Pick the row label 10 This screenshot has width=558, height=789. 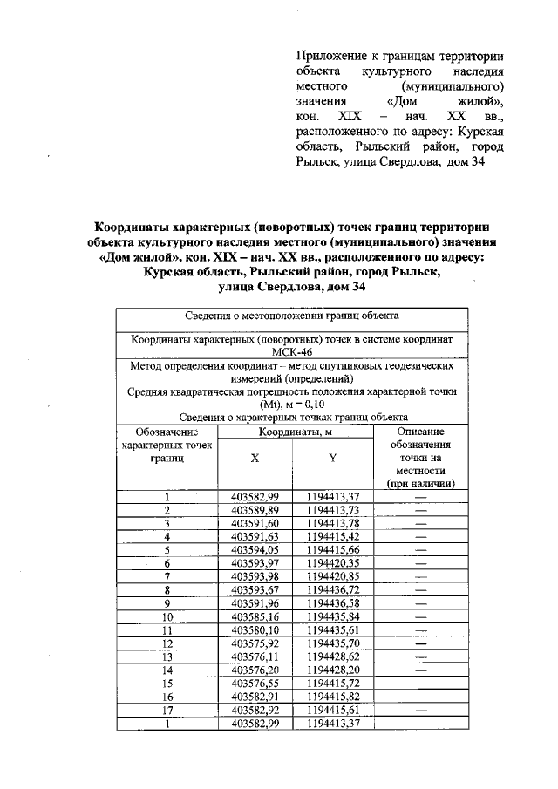pyautogui.click(x=167, y=617)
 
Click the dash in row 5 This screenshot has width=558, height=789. pyautogui.click(x=421, y=550)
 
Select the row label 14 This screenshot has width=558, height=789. pyautogui.click(x=167, y=670)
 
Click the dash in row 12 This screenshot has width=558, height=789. pyautogui.click(x=421, y=644)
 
